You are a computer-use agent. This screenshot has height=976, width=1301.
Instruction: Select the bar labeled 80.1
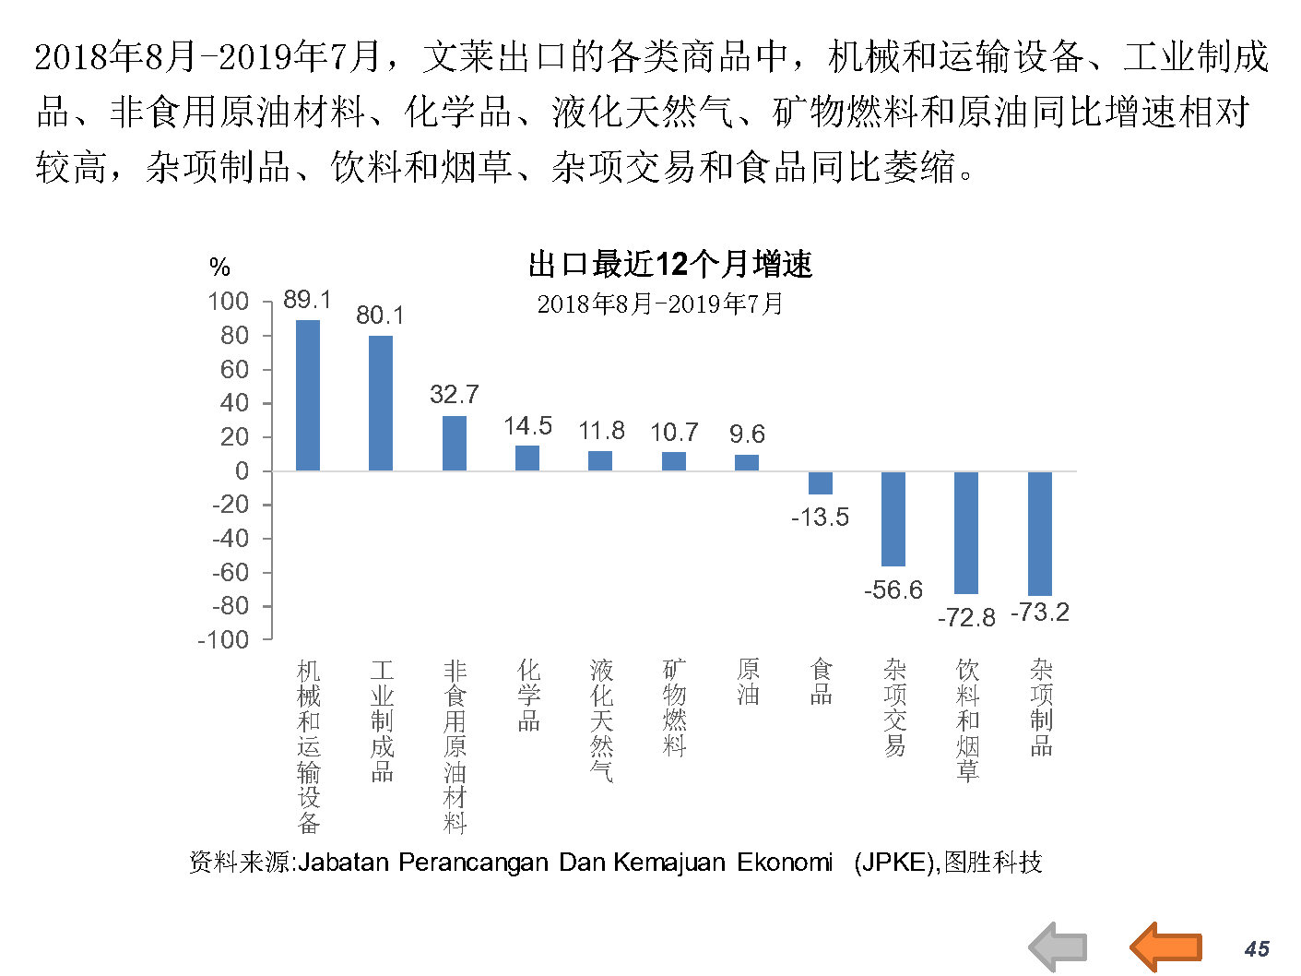[381, 402]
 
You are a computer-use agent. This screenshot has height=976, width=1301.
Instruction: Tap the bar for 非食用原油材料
[455, 443]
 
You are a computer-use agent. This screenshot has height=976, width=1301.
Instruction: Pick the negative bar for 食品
[821, 482]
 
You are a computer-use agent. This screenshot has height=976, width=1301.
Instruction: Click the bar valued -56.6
[893, 518]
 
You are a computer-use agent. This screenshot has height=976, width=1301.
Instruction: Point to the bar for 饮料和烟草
[966, 532]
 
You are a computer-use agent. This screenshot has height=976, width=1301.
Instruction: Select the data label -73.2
[1040, 613]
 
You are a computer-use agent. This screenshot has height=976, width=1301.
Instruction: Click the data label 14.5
[527, 426]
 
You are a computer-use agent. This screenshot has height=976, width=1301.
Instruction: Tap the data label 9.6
[747, 434]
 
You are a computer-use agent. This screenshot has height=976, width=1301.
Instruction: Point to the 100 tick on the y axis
[229, 302]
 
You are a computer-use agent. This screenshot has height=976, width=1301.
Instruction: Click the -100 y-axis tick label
[223, 639]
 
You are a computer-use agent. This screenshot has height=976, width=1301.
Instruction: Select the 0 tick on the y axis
[242, 470]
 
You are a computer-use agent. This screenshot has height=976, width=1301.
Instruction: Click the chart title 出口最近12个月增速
[670, 265]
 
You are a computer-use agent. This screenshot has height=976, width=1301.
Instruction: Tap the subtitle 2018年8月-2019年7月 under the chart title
[660, 304]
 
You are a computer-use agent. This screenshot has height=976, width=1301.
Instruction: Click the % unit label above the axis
[219, 268]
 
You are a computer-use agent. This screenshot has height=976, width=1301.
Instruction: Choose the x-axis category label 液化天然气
[601, 720]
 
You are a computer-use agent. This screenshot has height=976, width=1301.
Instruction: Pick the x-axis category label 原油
[748, 682]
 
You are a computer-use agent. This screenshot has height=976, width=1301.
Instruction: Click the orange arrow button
[1165, 946]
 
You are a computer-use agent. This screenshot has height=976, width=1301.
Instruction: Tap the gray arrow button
[1059, 946]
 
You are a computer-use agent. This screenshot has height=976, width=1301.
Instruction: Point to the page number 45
[1257, 948]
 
